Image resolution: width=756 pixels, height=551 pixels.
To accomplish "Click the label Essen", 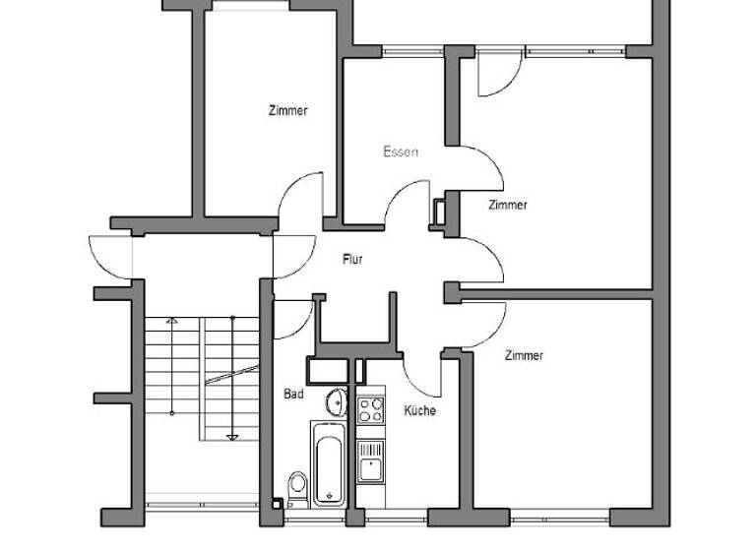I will tap(401, 153).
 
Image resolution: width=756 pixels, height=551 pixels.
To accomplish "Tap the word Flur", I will tap(352, 260).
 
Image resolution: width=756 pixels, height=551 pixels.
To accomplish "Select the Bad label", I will tap(293, 395).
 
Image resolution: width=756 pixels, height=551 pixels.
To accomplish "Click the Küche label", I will tap(419, 410).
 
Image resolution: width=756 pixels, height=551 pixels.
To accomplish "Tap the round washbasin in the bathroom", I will tap(337, 400).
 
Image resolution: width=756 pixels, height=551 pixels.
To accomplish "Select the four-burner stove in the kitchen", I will tap(370, 410).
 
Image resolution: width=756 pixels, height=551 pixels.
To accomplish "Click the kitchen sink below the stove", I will tap(370, 460).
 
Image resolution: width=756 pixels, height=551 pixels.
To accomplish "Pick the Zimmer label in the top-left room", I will tap(287, 111).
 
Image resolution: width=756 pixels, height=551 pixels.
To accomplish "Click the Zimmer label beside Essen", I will tap(508, 206).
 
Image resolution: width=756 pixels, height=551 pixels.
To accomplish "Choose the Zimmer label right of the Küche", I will tap(524, 355).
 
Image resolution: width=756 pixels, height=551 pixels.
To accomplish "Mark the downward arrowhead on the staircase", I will tap(232, 436).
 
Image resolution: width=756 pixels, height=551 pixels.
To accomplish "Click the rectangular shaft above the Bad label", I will tap(329, 369).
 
